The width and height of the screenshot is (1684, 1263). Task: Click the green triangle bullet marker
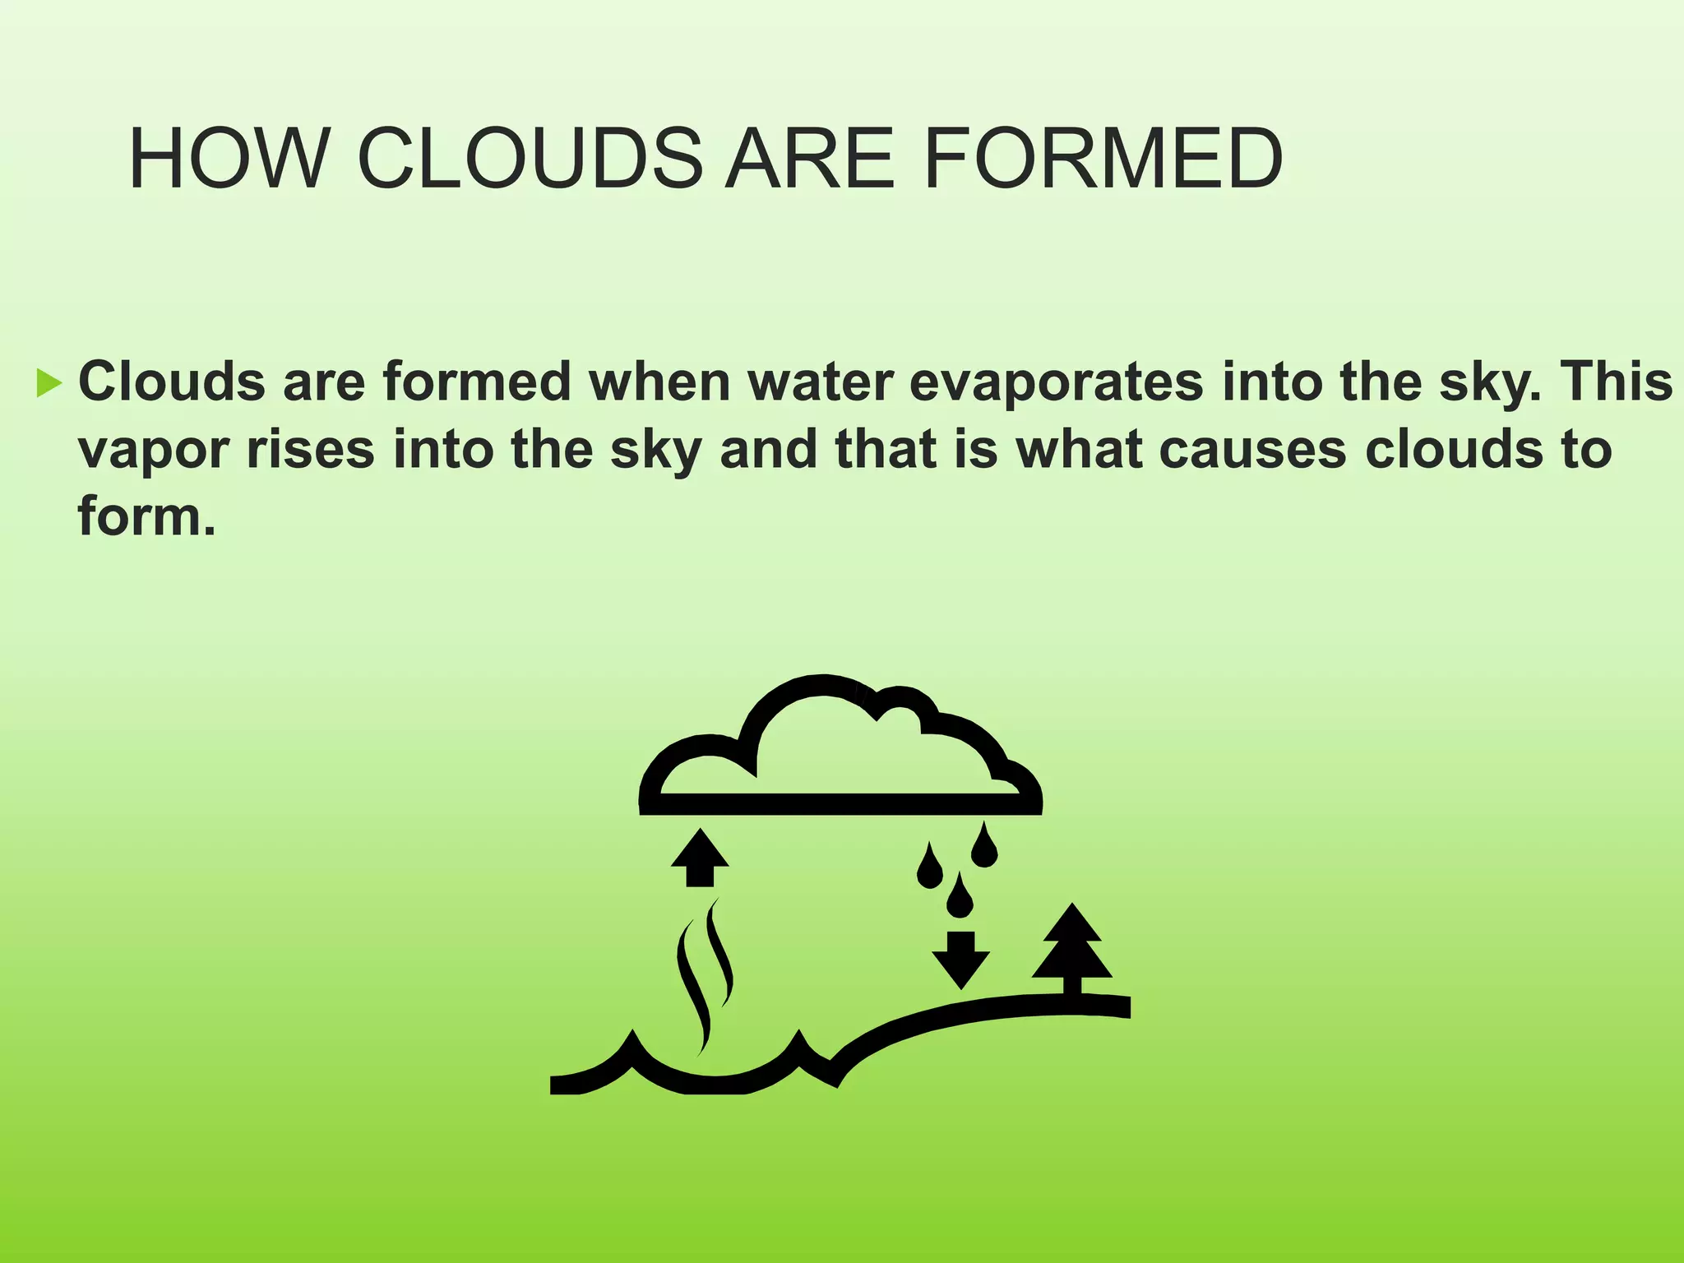click(49, 383)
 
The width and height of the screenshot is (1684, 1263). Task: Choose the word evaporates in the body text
click(1056, 382)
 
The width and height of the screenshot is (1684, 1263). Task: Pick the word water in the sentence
click(820, 382)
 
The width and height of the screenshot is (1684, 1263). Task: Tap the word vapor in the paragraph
click(153, 450)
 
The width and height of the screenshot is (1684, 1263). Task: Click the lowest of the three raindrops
click(960, 898)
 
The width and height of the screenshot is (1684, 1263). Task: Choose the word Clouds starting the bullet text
click(172, 382)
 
